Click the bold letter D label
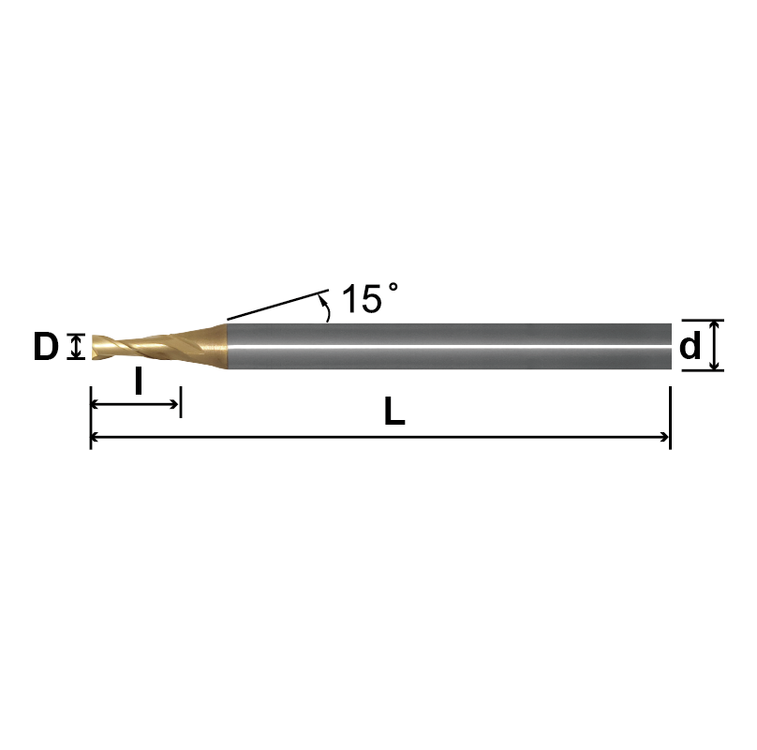[x=46, y=347]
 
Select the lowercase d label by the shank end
[x=690, y=347]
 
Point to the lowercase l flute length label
[x=139, y=382]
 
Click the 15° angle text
[x=367, y=299]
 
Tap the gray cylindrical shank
[x=450, y=346]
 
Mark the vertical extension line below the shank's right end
[x=671, y=412]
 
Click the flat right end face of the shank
[x=671, y=346]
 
